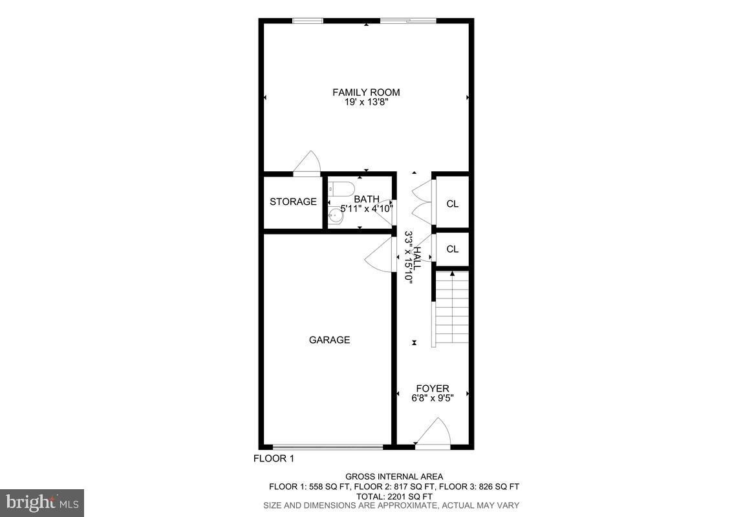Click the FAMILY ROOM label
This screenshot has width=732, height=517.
click(366, 92)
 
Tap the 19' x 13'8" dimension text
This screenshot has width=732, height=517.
click(366, 102)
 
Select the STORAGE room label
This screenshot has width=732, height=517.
click(293, 202)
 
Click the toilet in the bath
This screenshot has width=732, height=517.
click(341, 189)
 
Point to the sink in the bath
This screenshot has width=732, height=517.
click(336, 216)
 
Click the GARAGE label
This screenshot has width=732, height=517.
click(329, 340)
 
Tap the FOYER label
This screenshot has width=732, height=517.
click(432, 388)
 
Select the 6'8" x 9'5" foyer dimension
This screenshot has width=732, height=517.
click(432, 398)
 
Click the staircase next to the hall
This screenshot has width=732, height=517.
click(451, 308)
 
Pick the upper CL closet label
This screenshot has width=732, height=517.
click(452, 204)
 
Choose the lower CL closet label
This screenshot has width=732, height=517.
click(452, 249)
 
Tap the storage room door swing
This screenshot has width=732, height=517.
click(307, 163)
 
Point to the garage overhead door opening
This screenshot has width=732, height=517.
click(327, 447)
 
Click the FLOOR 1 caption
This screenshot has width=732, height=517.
click(273, 459)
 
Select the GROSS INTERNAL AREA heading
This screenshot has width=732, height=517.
click(394, 477)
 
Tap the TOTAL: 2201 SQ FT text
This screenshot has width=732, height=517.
click(394, 496)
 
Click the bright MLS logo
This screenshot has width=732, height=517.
click(42, 502)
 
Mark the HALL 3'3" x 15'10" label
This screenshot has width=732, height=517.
click(413, 257)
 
